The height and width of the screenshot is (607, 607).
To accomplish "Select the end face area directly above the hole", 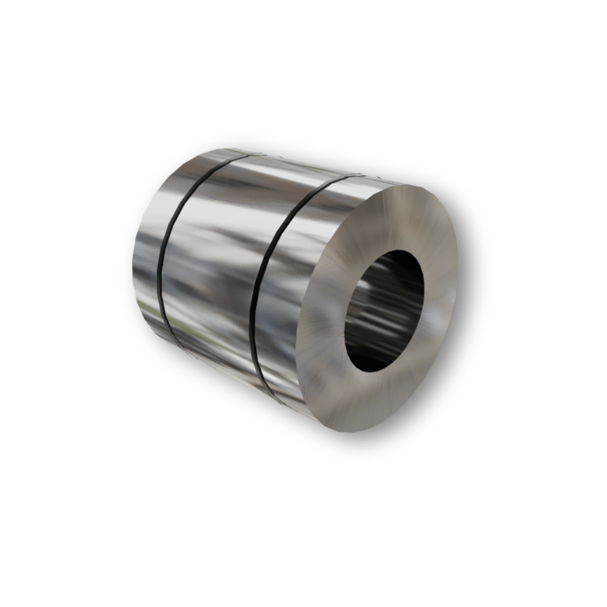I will (x=395, y=217).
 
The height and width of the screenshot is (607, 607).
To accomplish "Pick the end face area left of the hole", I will (x=328, y=316).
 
